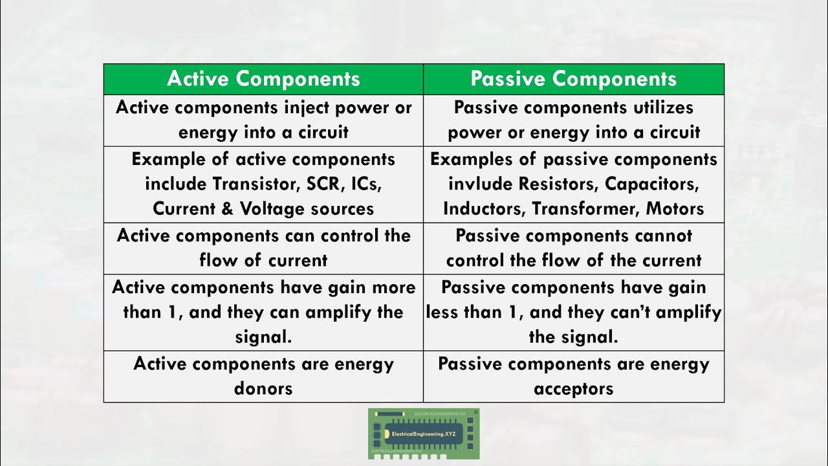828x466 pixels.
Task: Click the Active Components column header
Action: (x=263, y=79)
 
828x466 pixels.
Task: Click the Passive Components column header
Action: (x=573, y=79)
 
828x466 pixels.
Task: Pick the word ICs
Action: (x=365, y=184)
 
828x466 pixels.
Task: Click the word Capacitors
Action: (x=652, y=184)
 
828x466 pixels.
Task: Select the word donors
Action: (x=263, y=388)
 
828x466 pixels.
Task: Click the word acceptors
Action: (x=573, y=388)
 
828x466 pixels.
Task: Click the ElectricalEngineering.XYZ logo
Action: (x=424, y=434)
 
